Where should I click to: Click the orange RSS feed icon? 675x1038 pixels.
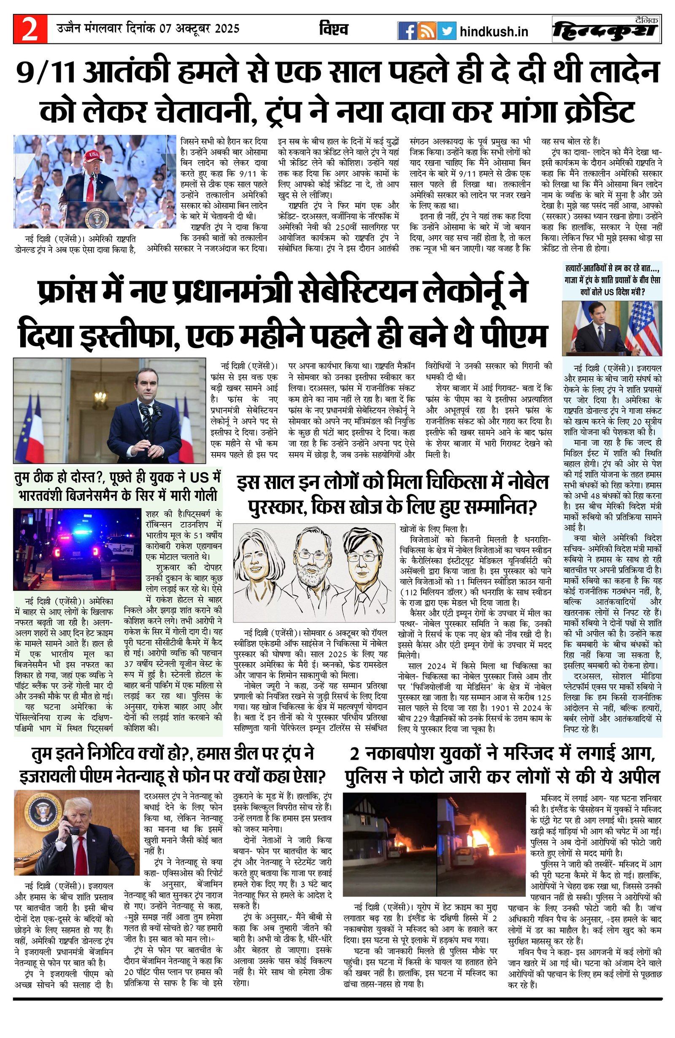click(426, 31)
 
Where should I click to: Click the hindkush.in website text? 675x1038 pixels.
click(494, 31)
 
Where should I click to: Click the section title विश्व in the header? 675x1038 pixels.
click(333, 29)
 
